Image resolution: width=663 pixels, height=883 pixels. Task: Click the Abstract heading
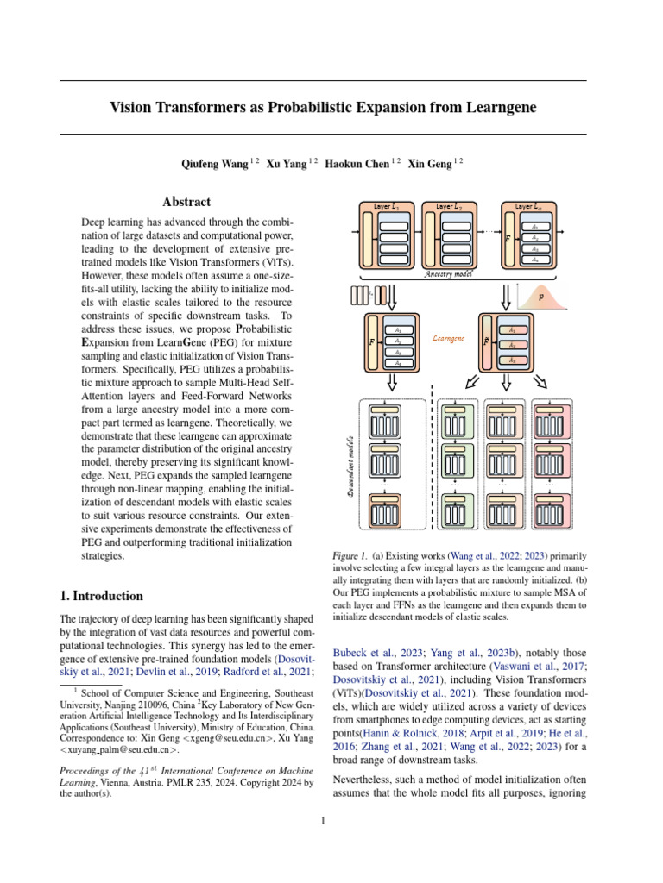[x=186, y=202]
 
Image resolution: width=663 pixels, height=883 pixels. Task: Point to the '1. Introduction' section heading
[x=101, y=596]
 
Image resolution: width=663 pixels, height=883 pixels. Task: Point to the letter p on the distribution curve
[x=542, y=295]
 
